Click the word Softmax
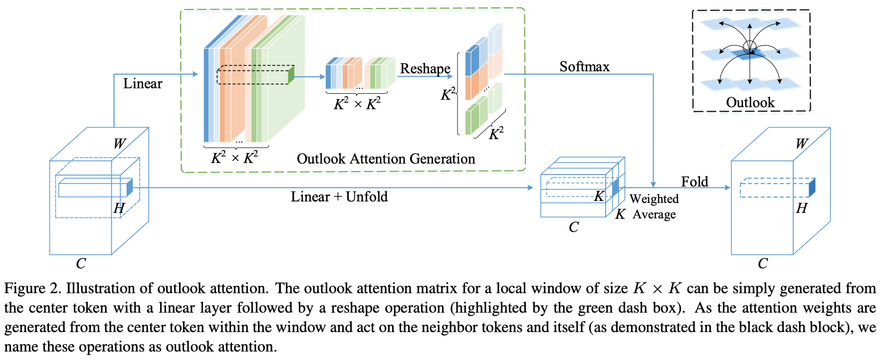coord(584,67)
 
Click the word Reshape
coord(425,69)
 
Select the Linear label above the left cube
coord(143,84)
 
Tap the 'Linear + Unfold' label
coord(339,197)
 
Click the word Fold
coord(694,181)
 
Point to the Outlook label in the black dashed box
coord(750,103)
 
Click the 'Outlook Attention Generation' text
coord(386,159)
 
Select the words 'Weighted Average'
coord(654,206)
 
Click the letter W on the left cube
coord(119,144)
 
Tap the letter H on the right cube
coord(801,208)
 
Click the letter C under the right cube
coord(763,264)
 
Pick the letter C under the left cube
coord(81,264)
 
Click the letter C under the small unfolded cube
coord(574,227)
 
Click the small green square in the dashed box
coord(291,75)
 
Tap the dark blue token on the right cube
coord(812,187)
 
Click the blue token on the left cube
coord(130,187)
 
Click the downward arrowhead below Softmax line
coord(653,184)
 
